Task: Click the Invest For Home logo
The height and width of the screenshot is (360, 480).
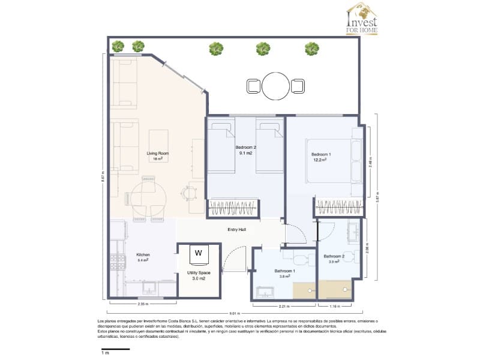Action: (362, 19)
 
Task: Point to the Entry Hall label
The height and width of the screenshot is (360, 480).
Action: (236, 229)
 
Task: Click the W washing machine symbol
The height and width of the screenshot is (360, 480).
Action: (198, 253)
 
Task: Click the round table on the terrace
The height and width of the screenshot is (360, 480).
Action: (276, 86)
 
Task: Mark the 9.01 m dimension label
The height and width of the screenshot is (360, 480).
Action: (234, 313)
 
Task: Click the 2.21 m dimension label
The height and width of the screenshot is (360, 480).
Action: (284, 307)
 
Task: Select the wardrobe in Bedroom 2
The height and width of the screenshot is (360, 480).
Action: (232, 208)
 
